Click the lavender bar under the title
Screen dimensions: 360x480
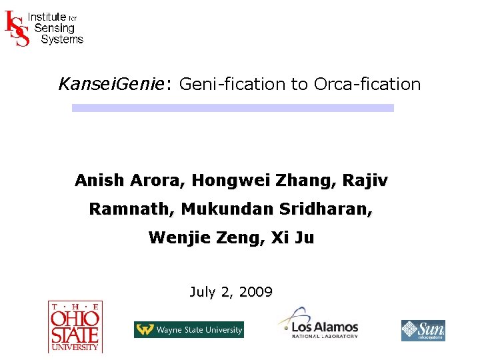(x=233, y=107)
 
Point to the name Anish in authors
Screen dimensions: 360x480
(x=96, y=180)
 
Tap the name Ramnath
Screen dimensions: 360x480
(x=130, y=209)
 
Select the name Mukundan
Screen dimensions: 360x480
(x=222, y=209)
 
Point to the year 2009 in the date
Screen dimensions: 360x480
(x=255, y=291)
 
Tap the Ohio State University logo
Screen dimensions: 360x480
(x=74, y=326)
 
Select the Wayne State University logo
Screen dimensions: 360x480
(x=189, y=329)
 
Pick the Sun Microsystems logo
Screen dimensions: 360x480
(x=423, y=330)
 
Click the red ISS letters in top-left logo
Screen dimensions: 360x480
(x=17, y=28)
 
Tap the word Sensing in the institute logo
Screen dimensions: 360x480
(x=54, y=28)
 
